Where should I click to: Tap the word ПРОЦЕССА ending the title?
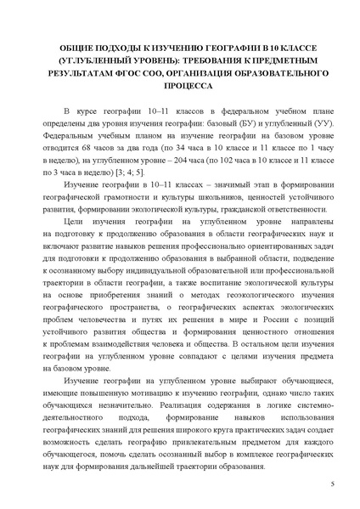pyautogui.click(x=180, y=88)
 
